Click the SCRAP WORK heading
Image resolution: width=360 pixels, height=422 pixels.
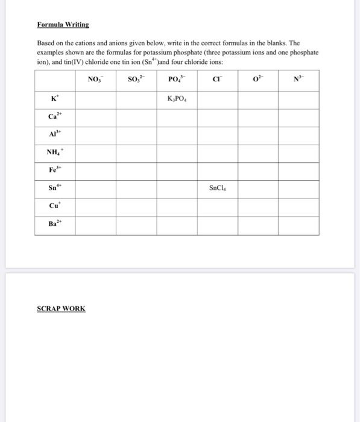(x=61, y=309)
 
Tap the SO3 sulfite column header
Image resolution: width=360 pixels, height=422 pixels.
(x=136, y=79)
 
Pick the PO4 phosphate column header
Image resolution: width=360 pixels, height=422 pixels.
(x=177, y=79)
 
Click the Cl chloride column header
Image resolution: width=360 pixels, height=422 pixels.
(x=217, y=79)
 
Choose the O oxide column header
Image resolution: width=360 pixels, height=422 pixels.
(x=257, y=79)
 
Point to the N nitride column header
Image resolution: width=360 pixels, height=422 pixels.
(x=298, y=79)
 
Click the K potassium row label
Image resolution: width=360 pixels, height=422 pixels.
(x=55, y=98)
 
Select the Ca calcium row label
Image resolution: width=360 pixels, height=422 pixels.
(x=55, y=116)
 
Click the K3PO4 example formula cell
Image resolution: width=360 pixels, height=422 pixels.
(x=177, y=99)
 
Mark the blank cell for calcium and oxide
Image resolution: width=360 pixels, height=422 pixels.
(x=257, y=117)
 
